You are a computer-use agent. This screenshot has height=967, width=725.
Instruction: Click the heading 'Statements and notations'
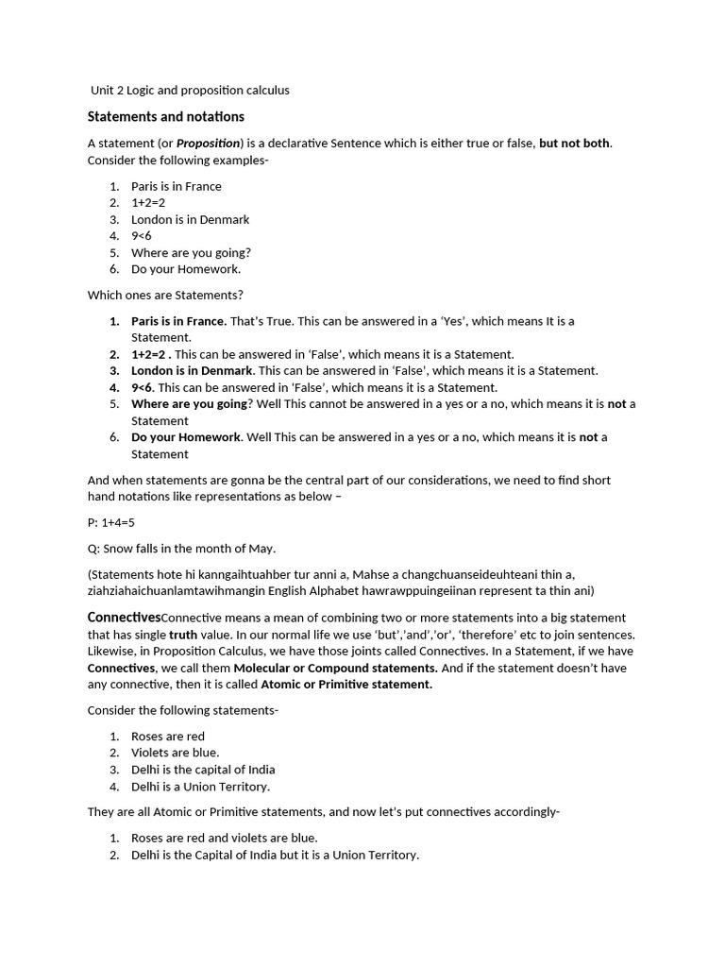pyautogui.click(x=166, y=117)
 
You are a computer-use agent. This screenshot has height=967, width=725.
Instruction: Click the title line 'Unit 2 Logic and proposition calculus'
pyautogui.click(x=190, y=91)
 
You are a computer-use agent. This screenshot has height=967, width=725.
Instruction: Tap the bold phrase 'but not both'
pyautogui.click(x=575, y=144)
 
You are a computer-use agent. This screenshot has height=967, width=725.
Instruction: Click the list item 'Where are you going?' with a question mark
pyautogui.click(x=191, y=253)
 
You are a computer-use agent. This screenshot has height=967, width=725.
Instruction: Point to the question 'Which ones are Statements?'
pyautogui.click(x=165, y=296)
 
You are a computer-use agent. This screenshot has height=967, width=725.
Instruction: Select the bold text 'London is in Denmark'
pyautogui.click(x=193, y=371)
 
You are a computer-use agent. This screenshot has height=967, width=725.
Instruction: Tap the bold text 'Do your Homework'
pyautogui.click(x=186, y=437)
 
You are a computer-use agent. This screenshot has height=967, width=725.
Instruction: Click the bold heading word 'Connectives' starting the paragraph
pyautogui.click(x=124, y=618)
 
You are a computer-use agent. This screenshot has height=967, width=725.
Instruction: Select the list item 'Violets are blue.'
pyautogui.click(x=175, y=753)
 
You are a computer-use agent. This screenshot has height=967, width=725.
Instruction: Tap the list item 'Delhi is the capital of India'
pyautogui.click(x=203, y=770)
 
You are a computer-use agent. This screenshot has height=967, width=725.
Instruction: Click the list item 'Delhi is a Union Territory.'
pyautogui.click(x=200, y=787)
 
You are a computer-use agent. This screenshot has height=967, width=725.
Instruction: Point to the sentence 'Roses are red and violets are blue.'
pyautogui.click(x=224, y=838)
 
